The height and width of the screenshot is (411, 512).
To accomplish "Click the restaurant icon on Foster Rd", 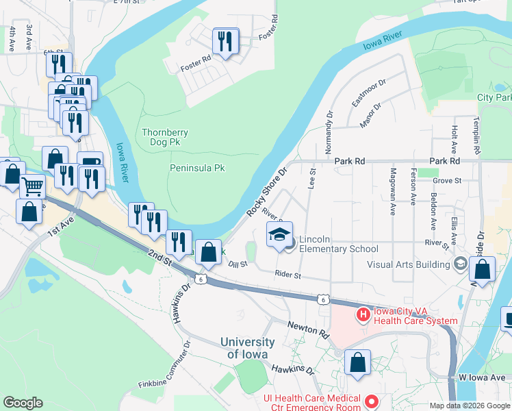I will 225,42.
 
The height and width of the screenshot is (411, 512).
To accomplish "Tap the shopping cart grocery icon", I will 32,186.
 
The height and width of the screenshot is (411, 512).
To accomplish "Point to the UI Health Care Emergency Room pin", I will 372,401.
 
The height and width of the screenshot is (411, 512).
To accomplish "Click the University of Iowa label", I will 247,348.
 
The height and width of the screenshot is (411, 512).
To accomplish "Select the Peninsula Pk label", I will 197,167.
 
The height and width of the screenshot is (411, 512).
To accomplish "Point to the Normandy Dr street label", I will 329,132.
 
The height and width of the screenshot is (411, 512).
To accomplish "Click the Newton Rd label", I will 308,329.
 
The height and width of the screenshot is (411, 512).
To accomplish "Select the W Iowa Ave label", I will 484,377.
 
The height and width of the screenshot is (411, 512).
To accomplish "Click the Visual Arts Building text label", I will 409,264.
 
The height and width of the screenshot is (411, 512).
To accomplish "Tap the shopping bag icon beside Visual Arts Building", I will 483,271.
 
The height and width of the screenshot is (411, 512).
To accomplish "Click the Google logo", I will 23,403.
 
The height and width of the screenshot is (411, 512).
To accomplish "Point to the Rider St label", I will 287,275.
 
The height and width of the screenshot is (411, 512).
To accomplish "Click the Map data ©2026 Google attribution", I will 470,406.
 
